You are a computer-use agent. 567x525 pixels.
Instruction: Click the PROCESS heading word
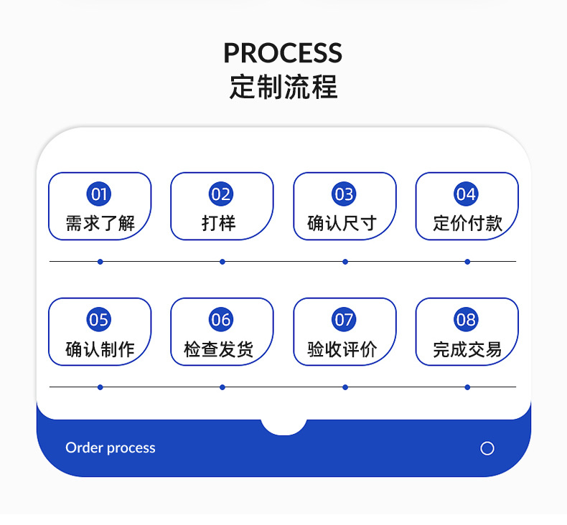tap(283, 53)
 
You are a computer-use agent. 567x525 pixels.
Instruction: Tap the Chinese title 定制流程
tap(283, 87)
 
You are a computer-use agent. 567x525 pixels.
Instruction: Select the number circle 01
tap(99, 194)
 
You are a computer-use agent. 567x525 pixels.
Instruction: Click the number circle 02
tap(221, 194)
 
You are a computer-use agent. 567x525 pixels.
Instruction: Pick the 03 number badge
tap(344, 194)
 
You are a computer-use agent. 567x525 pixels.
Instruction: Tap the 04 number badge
tap(466, 194)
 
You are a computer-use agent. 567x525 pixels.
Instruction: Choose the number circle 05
tap(99, 319)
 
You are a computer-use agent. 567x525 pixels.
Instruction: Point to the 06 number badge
tap(221, 319)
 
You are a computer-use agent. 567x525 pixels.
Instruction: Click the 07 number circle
tap(344, 319)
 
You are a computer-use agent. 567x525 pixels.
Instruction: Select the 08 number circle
tap(466, 319)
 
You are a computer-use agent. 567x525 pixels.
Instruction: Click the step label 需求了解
tap(100, 223)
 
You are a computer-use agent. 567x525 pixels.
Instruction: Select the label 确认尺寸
tap(342, 223)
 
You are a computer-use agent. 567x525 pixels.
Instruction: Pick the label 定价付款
tap(467, 223)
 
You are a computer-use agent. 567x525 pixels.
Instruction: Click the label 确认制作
tap(100, 349)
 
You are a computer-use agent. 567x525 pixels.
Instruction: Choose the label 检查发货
tap(218, 349)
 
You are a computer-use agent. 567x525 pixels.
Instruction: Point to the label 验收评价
tap(342, 349)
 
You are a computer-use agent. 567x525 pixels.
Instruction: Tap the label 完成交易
tap(467, 349)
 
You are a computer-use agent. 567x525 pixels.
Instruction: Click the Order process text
tap(111, 448)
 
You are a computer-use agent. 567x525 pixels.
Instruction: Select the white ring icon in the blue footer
tap(487, 448)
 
